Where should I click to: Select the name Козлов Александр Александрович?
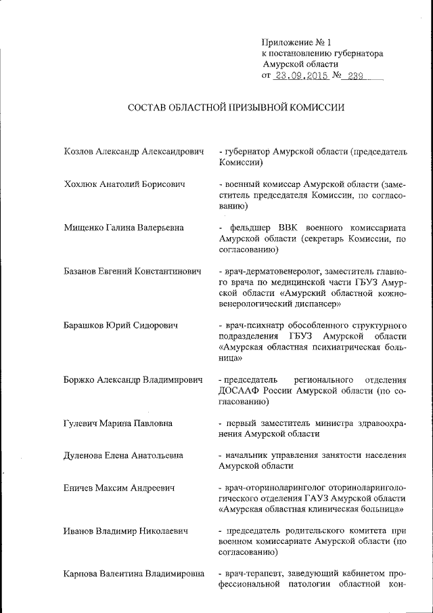(x=133, y=152)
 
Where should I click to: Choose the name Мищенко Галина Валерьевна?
(x=124, y=227)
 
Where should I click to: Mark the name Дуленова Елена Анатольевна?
(x=123, y=455)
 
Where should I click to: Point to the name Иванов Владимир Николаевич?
(x=125, y=530)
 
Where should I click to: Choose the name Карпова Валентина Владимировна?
(x=134, y=574)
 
